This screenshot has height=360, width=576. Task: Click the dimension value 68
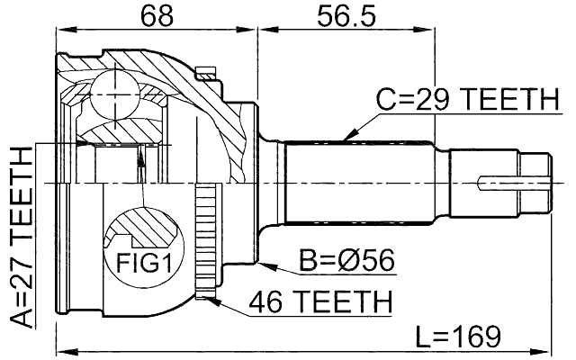coord(156,15)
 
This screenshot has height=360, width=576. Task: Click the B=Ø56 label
coord(346,261)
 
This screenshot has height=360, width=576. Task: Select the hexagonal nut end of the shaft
coord(535,180)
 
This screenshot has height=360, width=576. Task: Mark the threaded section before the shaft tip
coord(486,180)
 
